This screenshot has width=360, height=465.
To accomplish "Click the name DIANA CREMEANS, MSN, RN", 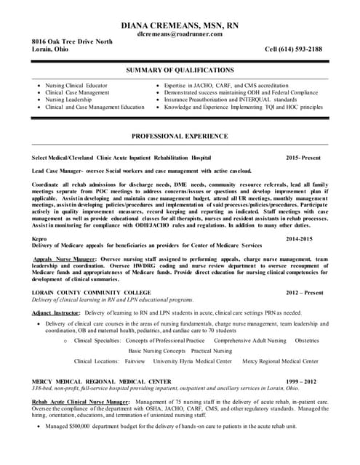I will point(180,25).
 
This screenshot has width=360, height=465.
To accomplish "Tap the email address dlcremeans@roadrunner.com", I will point(180,34).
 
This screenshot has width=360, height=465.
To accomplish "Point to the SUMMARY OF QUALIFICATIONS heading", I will point(180,70).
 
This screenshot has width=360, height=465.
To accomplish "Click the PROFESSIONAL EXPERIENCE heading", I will point(180,136).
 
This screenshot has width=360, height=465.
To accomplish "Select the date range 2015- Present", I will point(304,157).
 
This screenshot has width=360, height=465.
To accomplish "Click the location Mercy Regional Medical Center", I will point(280,360).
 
